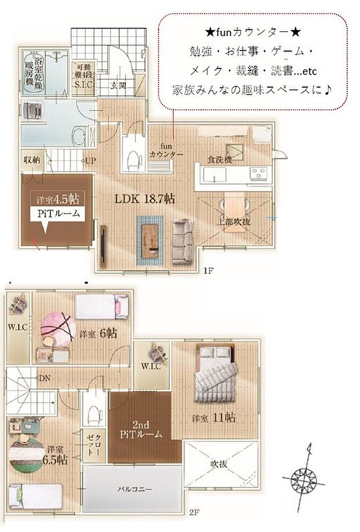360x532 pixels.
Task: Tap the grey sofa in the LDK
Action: coord(183,240)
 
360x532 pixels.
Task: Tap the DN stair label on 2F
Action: coord(44,378)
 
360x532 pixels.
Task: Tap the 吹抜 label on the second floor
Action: coord(219,464)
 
